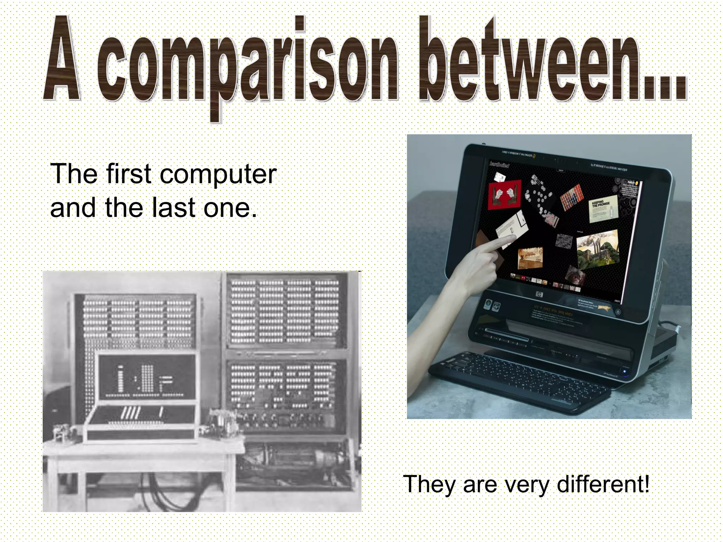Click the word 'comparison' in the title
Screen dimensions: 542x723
[247, 67]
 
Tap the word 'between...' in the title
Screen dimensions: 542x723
[552, 62]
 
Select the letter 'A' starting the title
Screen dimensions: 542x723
[62, 60]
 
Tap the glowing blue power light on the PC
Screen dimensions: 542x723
[625, 371]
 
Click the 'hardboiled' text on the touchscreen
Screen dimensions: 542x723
[499, 164]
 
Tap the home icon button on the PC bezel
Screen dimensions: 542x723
[618, 312]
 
